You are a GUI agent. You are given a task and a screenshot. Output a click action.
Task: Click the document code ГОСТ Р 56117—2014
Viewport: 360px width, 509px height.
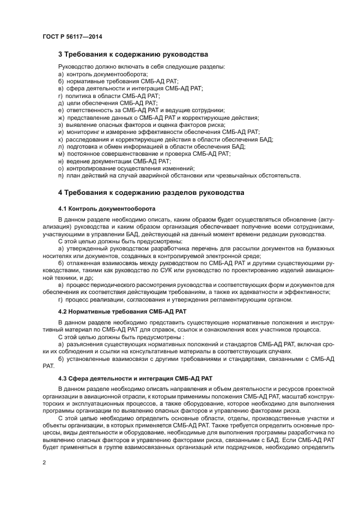(72, 36)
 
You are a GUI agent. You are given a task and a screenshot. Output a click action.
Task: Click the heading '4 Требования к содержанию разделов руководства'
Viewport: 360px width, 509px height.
(151, 193)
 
